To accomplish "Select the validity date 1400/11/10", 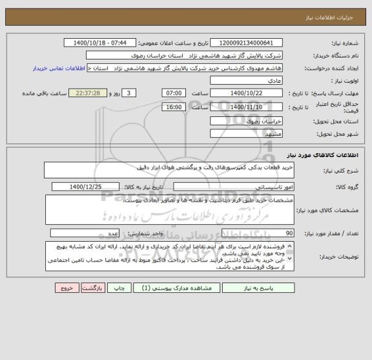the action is click(247, 107).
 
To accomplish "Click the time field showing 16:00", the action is click(172, 107).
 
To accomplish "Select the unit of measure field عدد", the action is click(85, 233).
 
